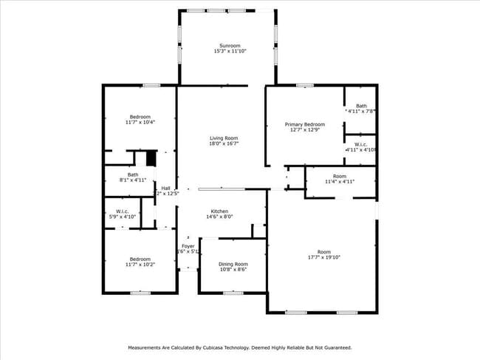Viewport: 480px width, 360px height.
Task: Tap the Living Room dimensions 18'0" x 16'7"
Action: pos(224,144)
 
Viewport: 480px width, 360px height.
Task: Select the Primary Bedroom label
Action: pos(305,124)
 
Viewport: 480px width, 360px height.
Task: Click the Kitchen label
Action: pos(219,211)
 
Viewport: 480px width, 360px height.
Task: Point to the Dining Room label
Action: pos(233,263)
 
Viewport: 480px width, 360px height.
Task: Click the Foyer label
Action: pos(188,245)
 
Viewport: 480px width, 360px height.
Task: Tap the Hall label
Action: pos(166,188)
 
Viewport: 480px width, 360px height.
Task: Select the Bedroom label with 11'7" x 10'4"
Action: pos(140,117)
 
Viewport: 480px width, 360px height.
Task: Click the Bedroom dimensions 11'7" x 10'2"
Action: pos(140,265)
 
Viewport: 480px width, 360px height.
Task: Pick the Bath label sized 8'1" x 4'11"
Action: pos(133,174)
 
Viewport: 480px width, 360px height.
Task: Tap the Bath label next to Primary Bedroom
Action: pos(361,106)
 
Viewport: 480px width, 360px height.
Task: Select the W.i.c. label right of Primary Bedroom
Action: pos(361,144)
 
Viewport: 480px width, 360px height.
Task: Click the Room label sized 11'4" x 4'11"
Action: pos(339,176)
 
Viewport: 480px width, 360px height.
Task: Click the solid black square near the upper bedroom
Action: pos(151,158)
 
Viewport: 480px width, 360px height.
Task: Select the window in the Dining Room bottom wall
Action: pos(233,293)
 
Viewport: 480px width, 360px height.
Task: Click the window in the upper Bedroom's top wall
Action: pos(151,85)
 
